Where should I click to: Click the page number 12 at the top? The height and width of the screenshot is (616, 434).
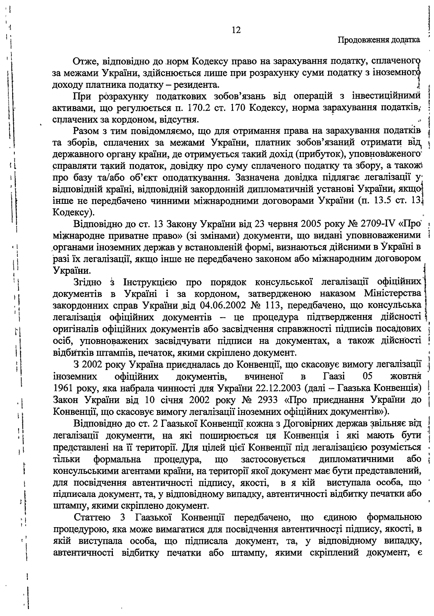tap(236, 30)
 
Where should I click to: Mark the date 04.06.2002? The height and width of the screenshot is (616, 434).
tap(223, 305)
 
